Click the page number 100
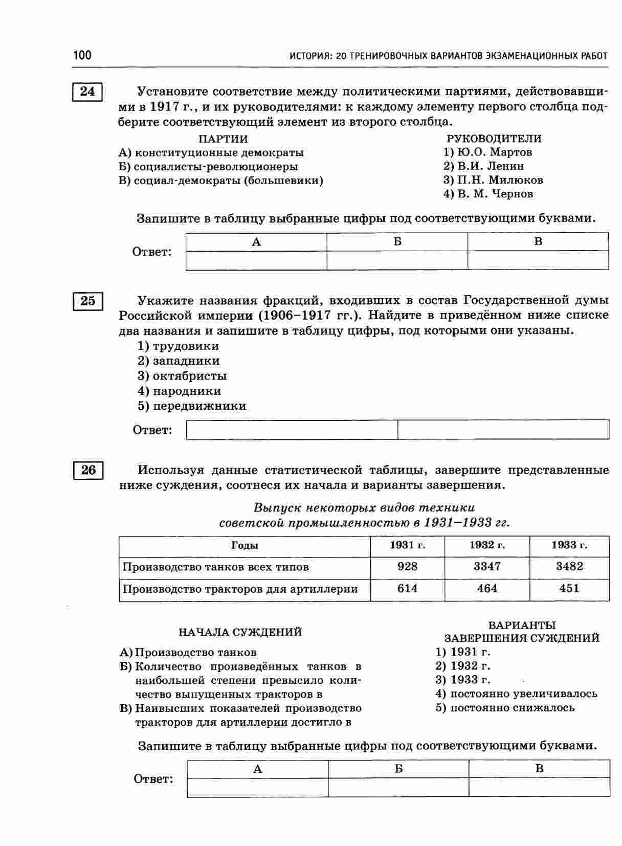pyautogui.click(x=82, y=55)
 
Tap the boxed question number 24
pyautogui.click(x=87, y=92)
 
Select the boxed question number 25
pyautogui.click(x=87, y=301)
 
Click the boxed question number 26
pyautogui.click(x=88, y=470)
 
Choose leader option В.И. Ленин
pyautogui.click(x=484, y=166)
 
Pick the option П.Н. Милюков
pyautogui.click(x=493, y=180)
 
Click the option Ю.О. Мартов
pyautogui.click(x=488, y=152)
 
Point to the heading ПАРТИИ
pyautogui.click(x=223, y=139)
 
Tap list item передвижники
pyautogui.click(x=192, y=406)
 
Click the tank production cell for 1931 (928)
pyautogui.click(x=407, y=567)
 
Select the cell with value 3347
pyautogui.click(x=487, y=567)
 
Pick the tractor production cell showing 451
pyautogui.click(x=569, y=589)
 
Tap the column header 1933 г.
pyautogui.click(x=569, y=545)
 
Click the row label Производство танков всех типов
pyautogui.click(x=216, y=567)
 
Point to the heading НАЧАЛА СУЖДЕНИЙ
pyautogui.click(x=240, y=633)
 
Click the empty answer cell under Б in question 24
pyautogui.click(x=397, y=260)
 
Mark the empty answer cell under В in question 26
pyautogui.click(x=539, y=787)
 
